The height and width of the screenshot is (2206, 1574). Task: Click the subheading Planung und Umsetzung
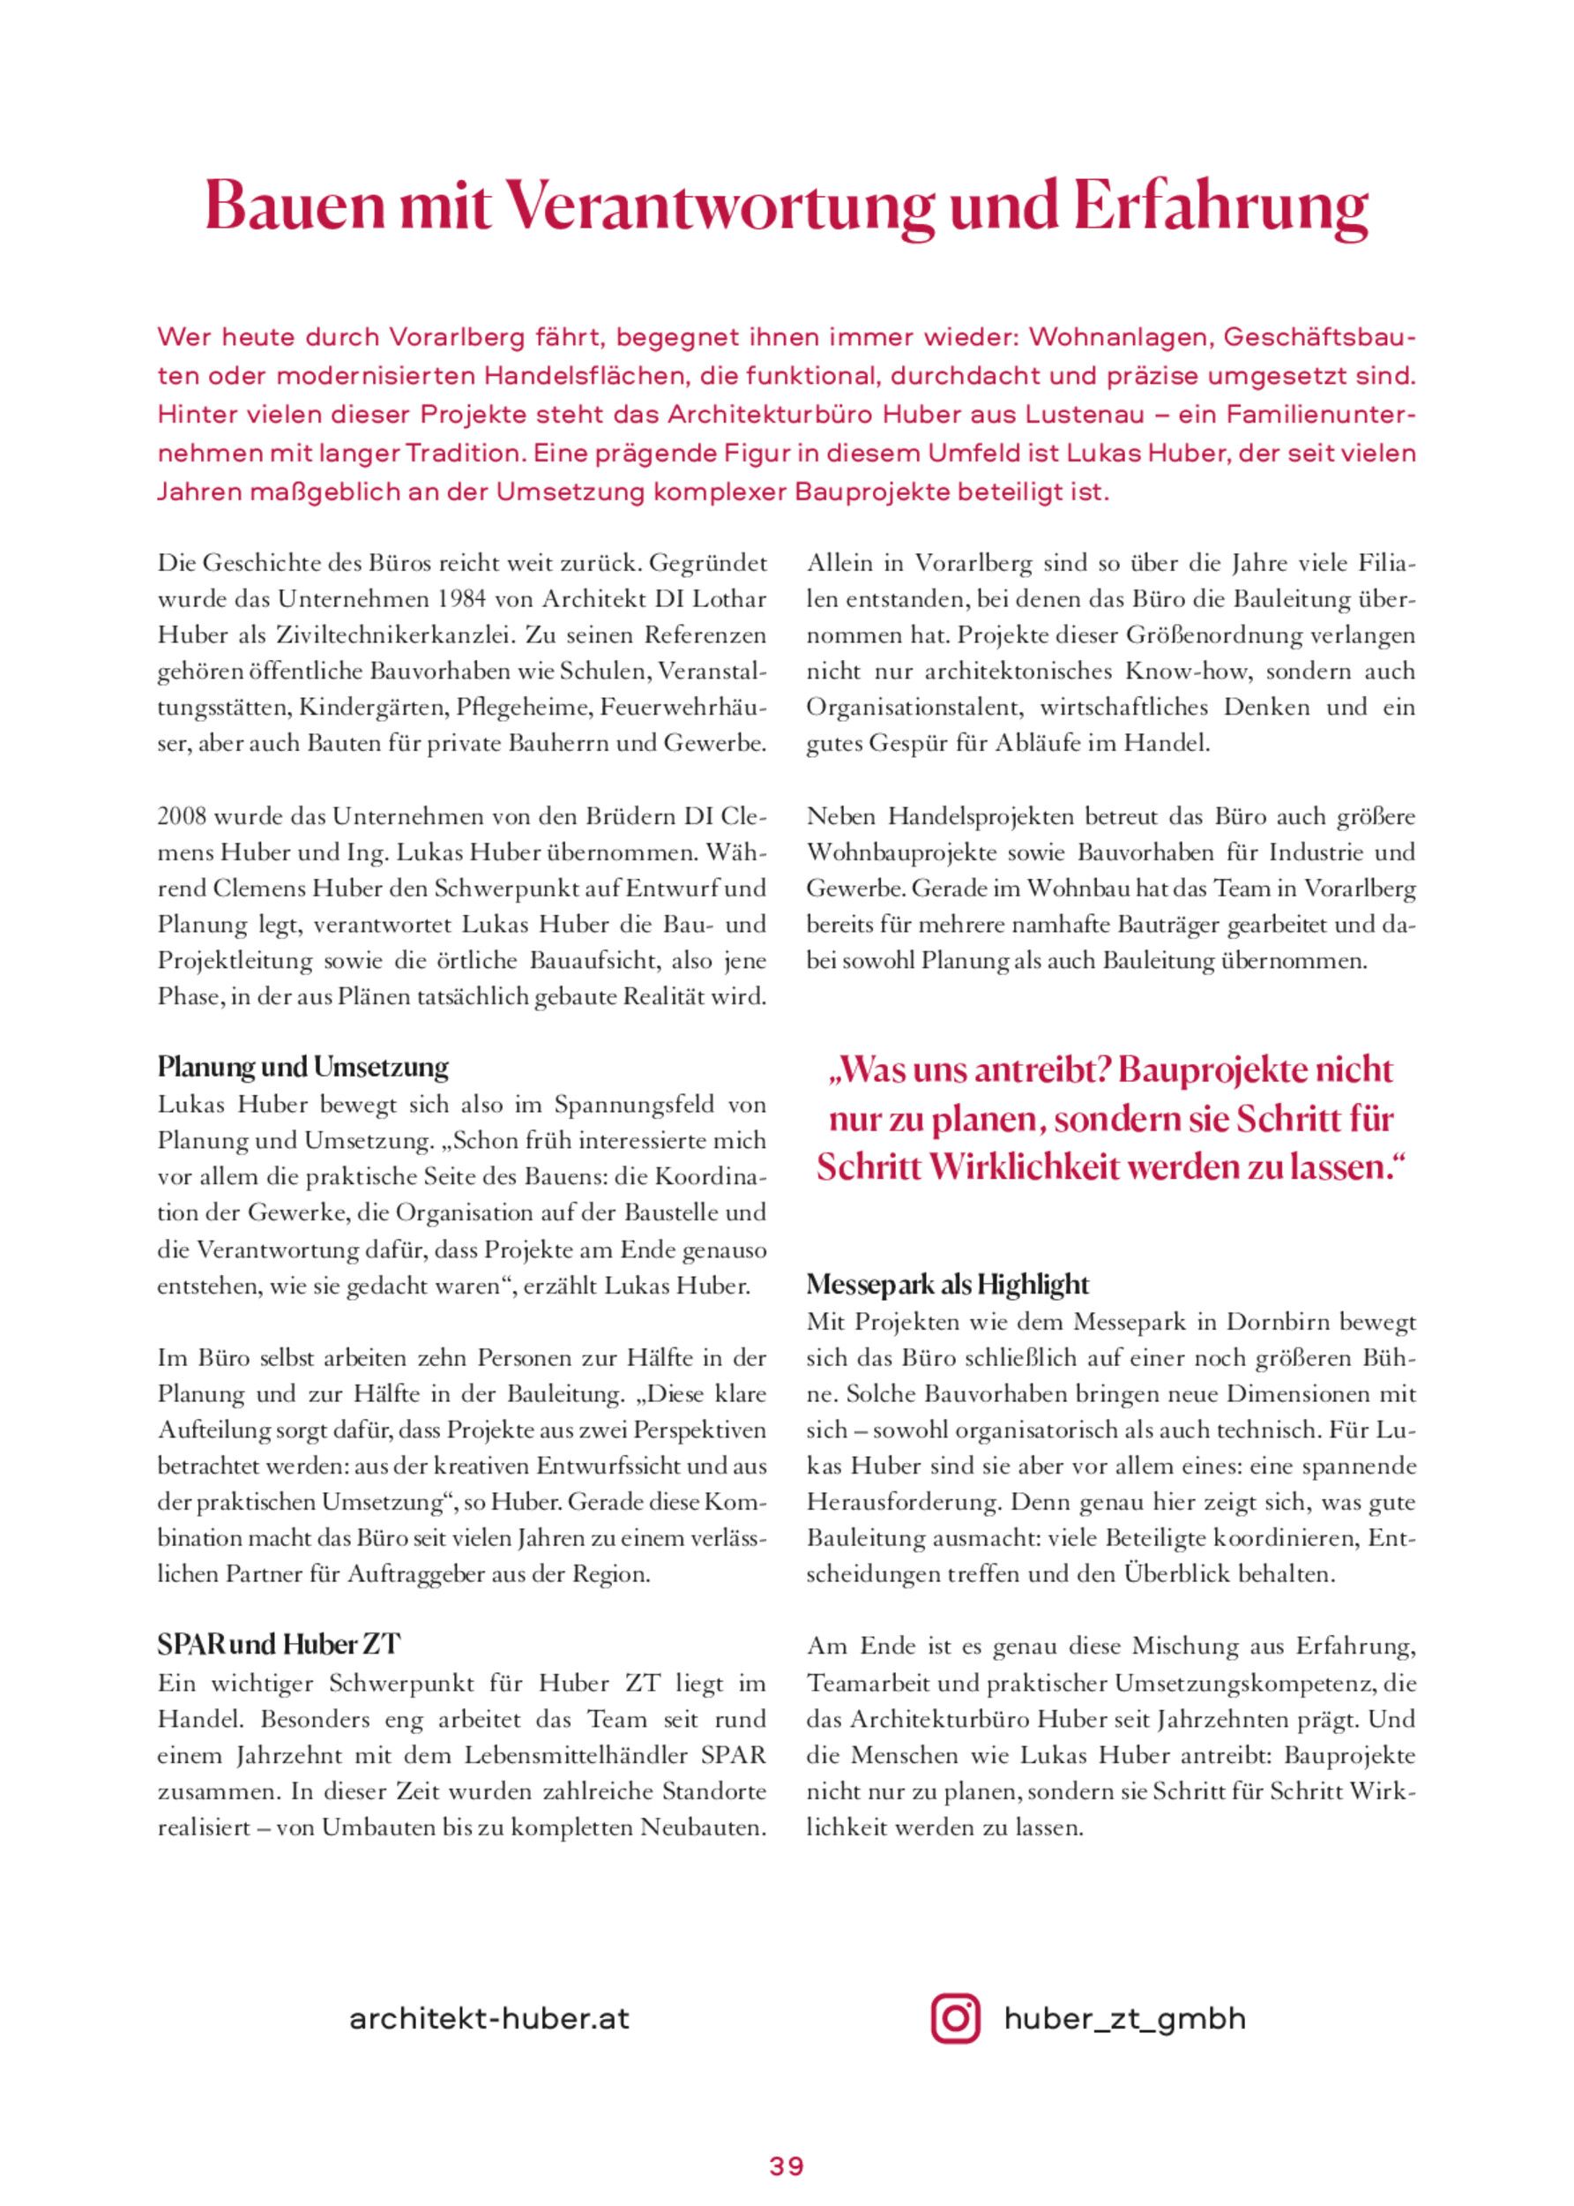click(302, 1068)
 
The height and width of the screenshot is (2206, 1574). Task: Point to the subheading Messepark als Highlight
click(947, 1285)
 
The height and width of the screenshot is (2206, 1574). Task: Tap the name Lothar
click(732, 599)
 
